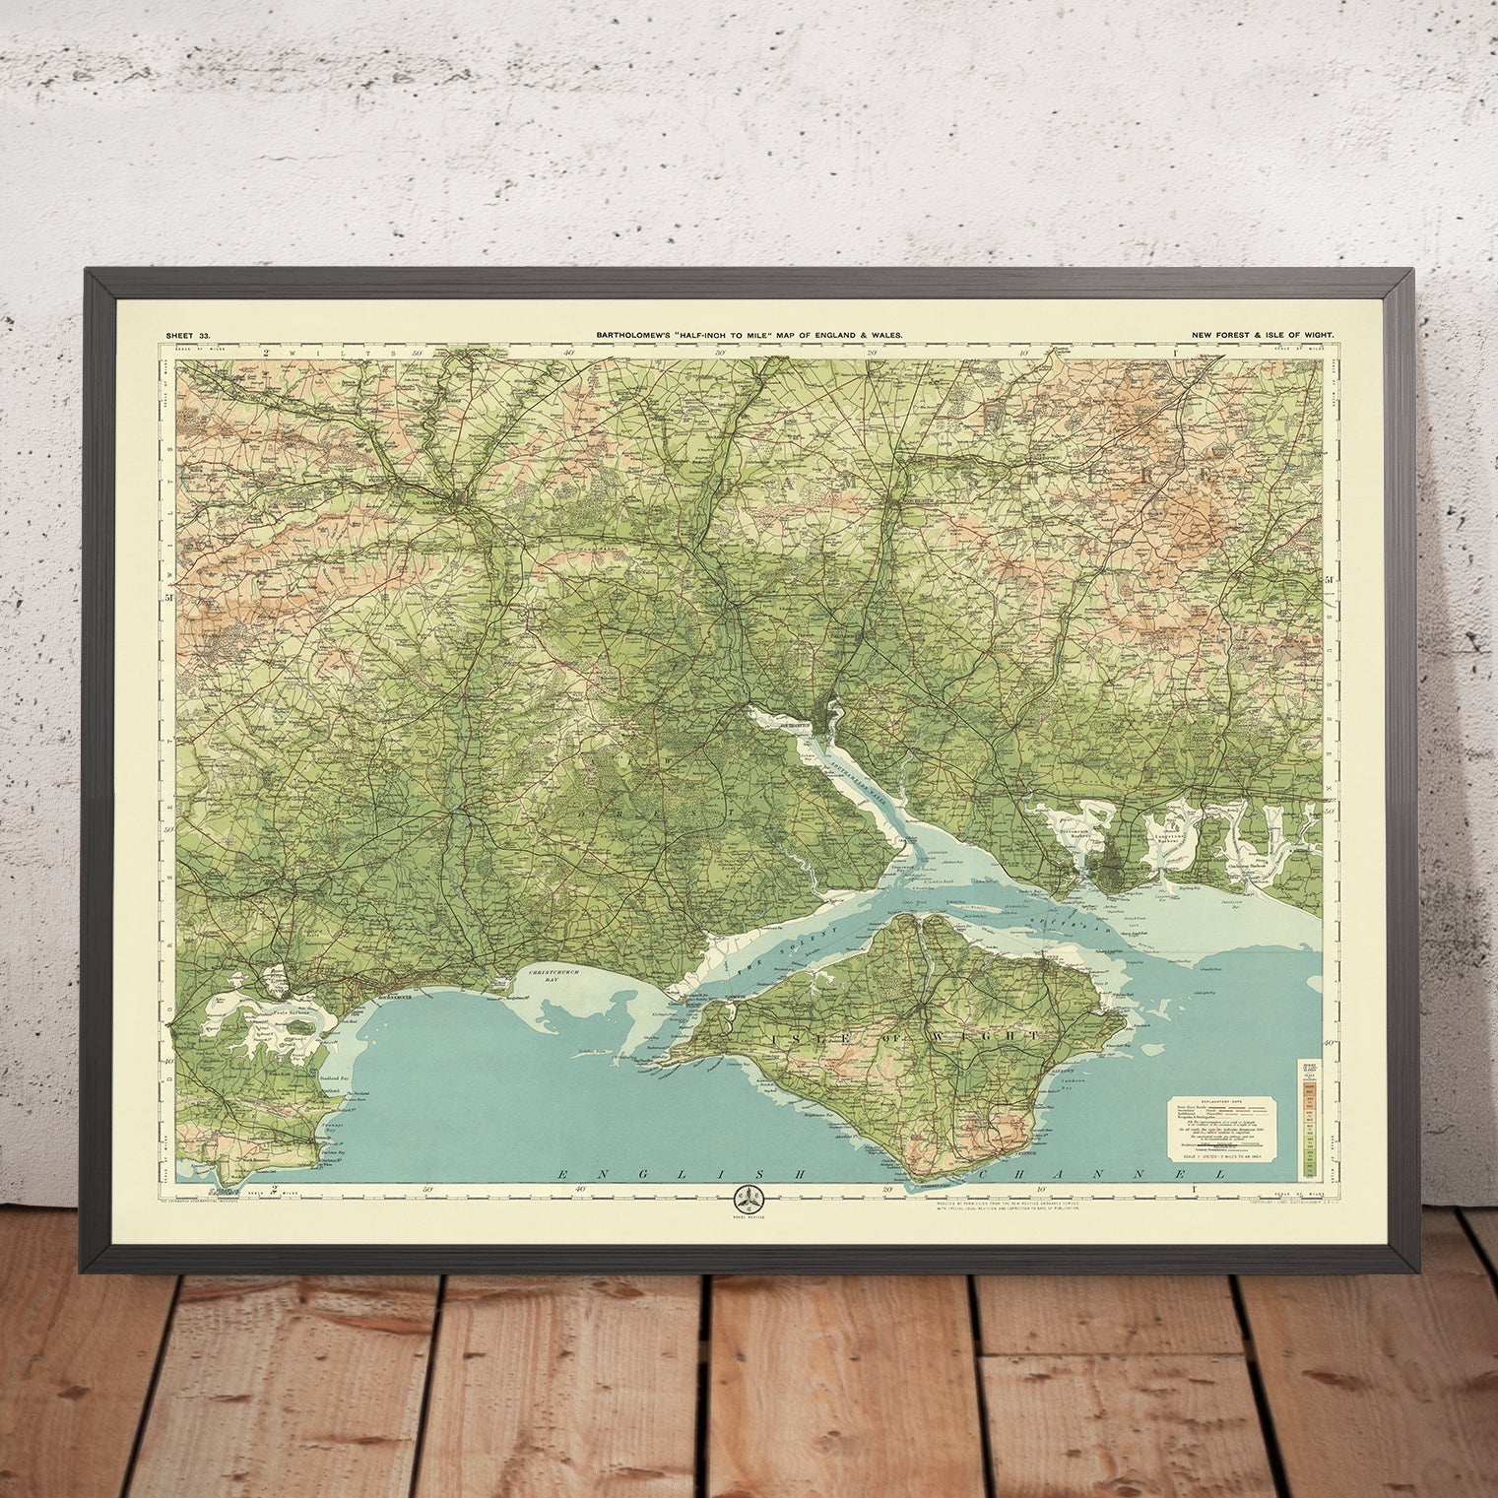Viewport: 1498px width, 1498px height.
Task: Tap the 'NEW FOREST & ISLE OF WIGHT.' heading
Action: tap(1262, 336)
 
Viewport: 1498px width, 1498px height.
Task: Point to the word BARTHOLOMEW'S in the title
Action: tap(634, 336)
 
